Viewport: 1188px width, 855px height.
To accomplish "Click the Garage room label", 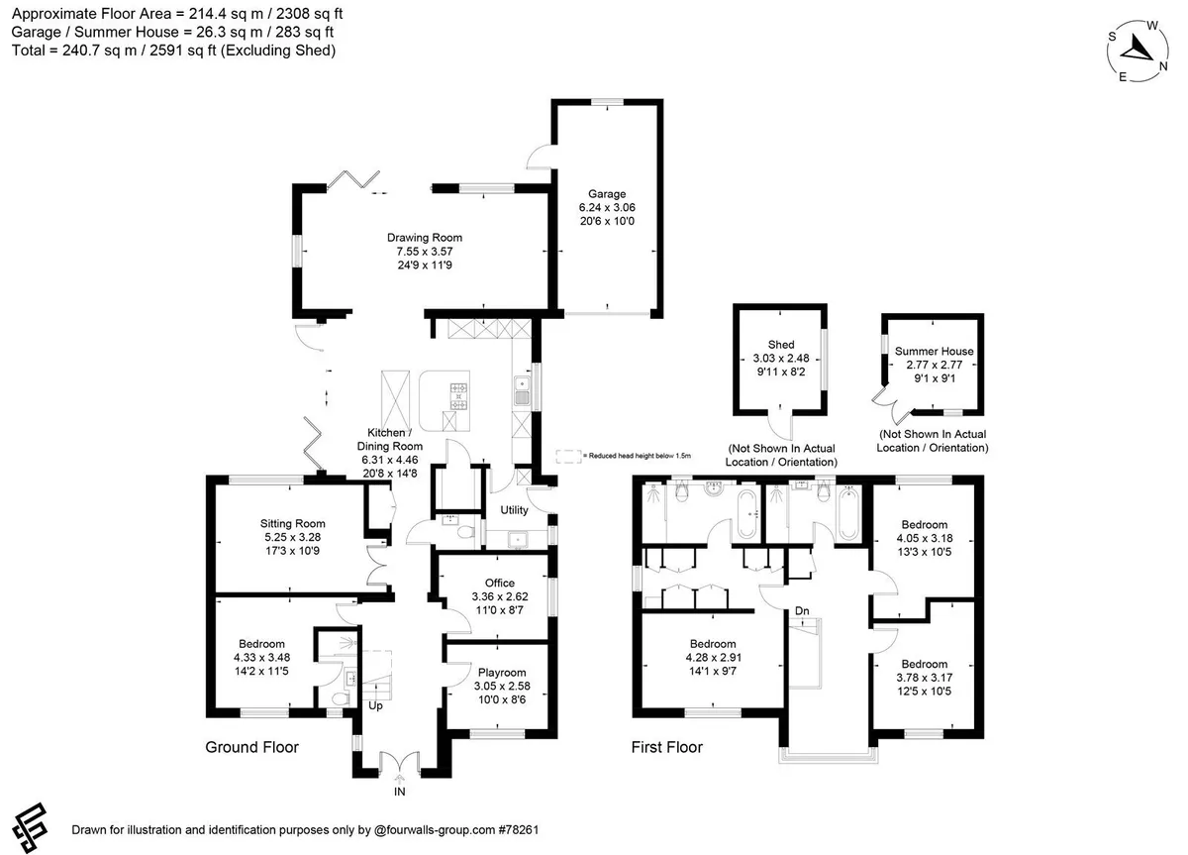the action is coord(607,194).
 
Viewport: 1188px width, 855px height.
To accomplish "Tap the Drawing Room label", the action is coord(425,238).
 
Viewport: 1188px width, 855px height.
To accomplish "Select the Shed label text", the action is coord(781,345).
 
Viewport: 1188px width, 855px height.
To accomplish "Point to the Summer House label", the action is coord(934,352).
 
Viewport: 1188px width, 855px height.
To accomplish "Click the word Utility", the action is coord(514,510).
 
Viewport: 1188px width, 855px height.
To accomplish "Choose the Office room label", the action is coord(500,583).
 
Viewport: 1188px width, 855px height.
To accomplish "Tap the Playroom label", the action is coord(502,673).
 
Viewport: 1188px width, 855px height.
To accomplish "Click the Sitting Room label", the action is coord(292,524).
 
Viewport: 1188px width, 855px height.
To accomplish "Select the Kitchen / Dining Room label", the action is coord(390,440).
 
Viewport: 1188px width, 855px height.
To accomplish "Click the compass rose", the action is coord(1138,51).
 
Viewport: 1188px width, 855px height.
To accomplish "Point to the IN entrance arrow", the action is coord(399,779).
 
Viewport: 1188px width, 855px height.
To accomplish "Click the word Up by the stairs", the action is coord(375,706).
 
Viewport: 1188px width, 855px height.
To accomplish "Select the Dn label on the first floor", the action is coord(802,611).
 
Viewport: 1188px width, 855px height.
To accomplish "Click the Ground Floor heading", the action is coord(251,747).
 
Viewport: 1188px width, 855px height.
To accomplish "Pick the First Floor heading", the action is coord(666,747).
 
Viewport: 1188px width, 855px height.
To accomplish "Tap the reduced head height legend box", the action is coord(568,456).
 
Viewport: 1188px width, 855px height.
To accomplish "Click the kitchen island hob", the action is coord(458,396).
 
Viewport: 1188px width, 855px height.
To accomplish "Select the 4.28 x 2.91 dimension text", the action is coord(714,658).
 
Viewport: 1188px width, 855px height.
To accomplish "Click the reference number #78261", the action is coord(519,829).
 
